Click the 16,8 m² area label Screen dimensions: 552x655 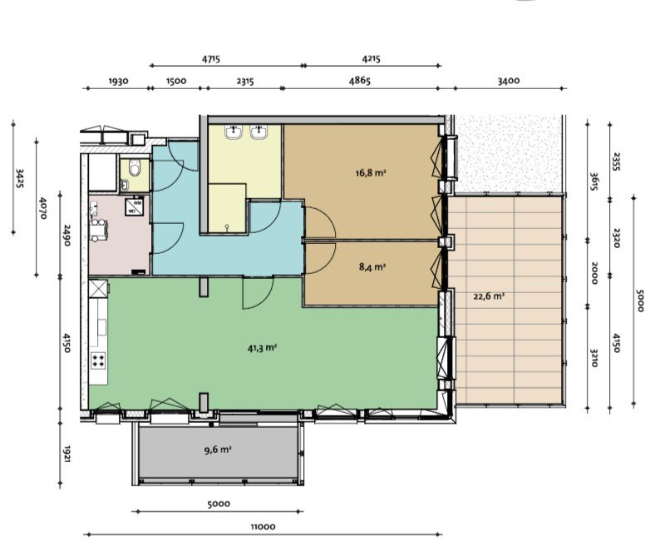(x=369, y=174)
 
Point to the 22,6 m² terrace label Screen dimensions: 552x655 (x=490, y=296)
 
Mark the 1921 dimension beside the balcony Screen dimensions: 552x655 (x=67, y=454)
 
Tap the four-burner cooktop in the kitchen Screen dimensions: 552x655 (x=98, y=360)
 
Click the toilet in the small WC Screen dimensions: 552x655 (x=135, y=175)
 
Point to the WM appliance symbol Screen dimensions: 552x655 (x=135, y=202)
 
